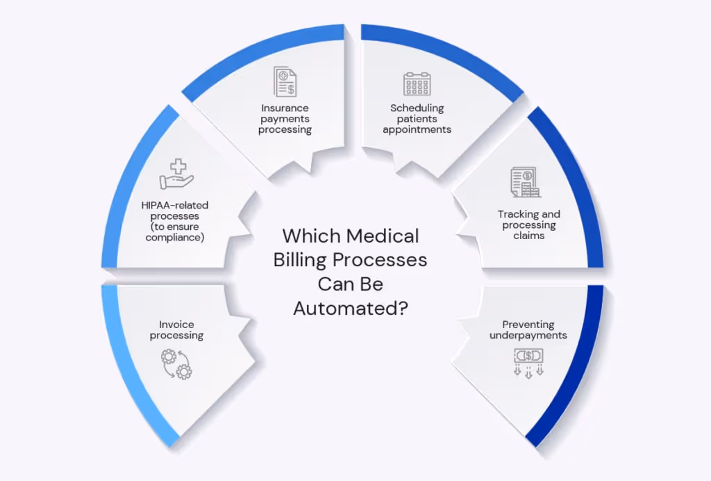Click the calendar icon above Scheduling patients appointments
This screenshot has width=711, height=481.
[x=417, y=83]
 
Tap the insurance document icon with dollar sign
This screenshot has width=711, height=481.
[x=285, y=82]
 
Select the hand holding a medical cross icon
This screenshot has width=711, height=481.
[x=176, y=174]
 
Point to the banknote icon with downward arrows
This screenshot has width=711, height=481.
[x=528, y=362]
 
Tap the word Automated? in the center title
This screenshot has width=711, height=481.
[x=350, y=307]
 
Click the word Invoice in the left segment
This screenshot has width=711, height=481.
[x=176, y=325]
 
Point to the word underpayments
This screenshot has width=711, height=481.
[x=528, y=335]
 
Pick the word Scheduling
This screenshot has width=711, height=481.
[x=417, y=108]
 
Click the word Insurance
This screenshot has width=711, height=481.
[x=285, y=108]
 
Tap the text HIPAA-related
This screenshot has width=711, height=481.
[x=176, y=206]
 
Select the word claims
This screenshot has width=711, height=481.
[x=529, y=235]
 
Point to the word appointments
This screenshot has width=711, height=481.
[x=417, y=129]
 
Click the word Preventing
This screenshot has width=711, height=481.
[x=528, y=325]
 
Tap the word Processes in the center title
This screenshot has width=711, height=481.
[x=387, y=260]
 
